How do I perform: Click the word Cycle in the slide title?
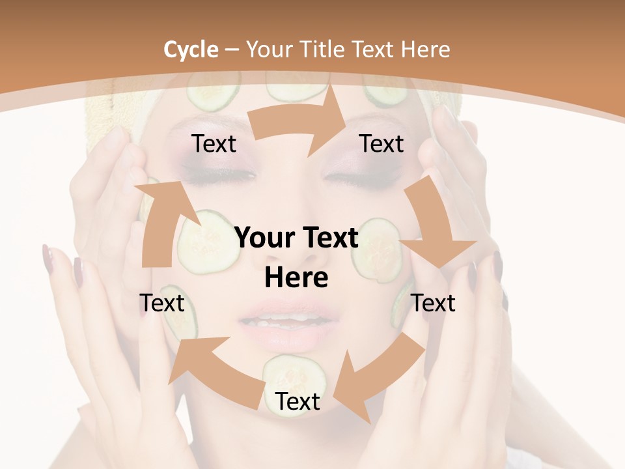tap(191, 50)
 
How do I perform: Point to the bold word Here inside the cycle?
tap(296, 277)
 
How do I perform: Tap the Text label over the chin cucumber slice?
tap(298, 402)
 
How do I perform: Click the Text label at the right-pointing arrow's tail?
tap(214, 144)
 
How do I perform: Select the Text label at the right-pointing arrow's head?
tap(382, 144)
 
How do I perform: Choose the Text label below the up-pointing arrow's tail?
tap(162, 303)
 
